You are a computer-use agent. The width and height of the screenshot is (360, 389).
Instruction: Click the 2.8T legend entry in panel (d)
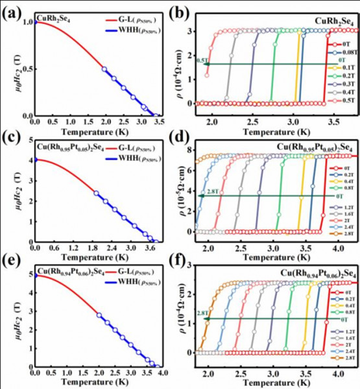pyautogui.click(x=341, y=240)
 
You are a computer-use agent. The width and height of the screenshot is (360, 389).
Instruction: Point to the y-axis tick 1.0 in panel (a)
pyautogui.click(x=27, y=22)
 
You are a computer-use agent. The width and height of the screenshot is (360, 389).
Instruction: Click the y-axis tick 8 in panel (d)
pyautogui.click(x=190, y=150)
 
